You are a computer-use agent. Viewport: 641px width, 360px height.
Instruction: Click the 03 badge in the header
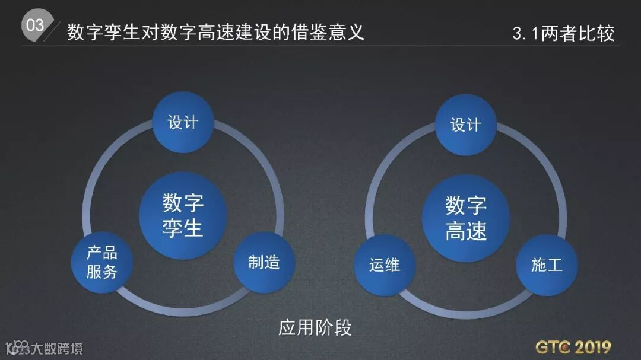35,25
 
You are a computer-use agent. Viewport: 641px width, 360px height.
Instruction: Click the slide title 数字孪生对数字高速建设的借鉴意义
215,31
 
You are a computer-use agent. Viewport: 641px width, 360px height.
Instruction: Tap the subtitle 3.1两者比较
563,33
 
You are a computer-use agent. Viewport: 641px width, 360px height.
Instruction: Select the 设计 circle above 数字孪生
183,122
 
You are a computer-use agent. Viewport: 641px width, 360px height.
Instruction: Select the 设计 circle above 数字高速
465,124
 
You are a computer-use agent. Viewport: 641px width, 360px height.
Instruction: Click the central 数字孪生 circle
183,215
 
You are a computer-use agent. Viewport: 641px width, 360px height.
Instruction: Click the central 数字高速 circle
466,218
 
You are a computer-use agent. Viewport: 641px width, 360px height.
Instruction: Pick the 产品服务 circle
102,262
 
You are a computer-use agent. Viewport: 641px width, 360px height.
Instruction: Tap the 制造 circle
264,262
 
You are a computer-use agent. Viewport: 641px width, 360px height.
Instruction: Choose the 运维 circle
385,265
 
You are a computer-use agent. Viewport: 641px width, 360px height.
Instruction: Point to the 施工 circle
546,264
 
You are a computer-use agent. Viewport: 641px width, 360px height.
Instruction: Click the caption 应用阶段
315,327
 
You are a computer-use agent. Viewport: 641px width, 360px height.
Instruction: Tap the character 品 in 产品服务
110,253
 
